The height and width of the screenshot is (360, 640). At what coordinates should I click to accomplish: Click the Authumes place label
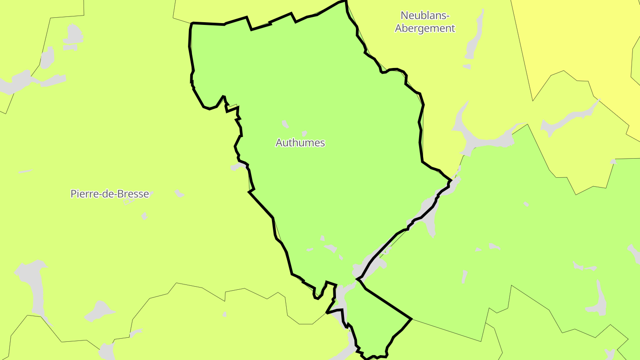[x=300, y=143]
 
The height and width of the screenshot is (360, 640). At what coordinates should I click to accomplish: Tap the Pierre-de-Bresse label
[x=109, y=194]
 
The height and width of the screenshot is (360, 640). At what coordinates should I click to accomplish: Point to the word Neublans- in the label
[x=425, y=16]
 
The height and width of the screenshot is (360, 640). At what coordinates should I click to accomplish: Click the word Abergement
[x=425, y=28]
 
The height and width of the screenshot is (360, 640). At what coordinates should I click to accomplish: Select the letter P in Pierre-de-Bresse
[x=74, y=194]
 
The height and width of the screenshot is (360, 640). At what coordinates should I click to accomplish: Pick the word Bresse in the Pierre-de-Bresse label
[x=134, y=194]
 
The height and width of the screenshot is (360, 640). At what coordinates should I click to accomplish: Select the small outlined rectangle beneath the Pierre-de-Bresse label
[x=128, y=201]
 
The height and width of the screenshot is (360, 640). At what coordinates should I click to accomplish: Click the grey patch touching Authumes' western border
[x=238, y=167]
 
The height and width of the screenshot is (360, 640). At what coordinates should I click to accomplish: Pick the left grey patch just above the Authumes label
[x=285, y=124]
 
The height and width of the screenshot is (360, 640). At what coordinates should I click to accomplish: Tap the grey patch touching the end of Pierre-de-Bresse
[x=151, y=194]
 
